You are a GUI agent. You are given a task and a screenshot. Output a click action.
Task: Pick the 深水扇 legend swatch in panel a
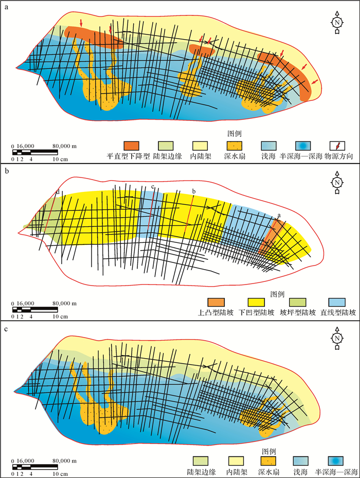click(236, 146)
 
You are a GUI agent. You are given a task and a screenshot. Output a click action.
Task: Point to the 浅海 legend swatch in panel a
click(269, 146)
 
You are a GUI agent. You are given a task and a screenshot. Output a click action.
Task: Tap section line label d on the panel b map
click(58, 192)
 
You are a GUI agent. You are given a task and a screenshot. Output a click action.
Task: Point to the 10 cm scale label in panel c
click(60, 474)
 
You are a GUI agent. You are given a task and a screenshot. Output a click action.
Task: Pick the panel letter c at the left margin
click(6, 328)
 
